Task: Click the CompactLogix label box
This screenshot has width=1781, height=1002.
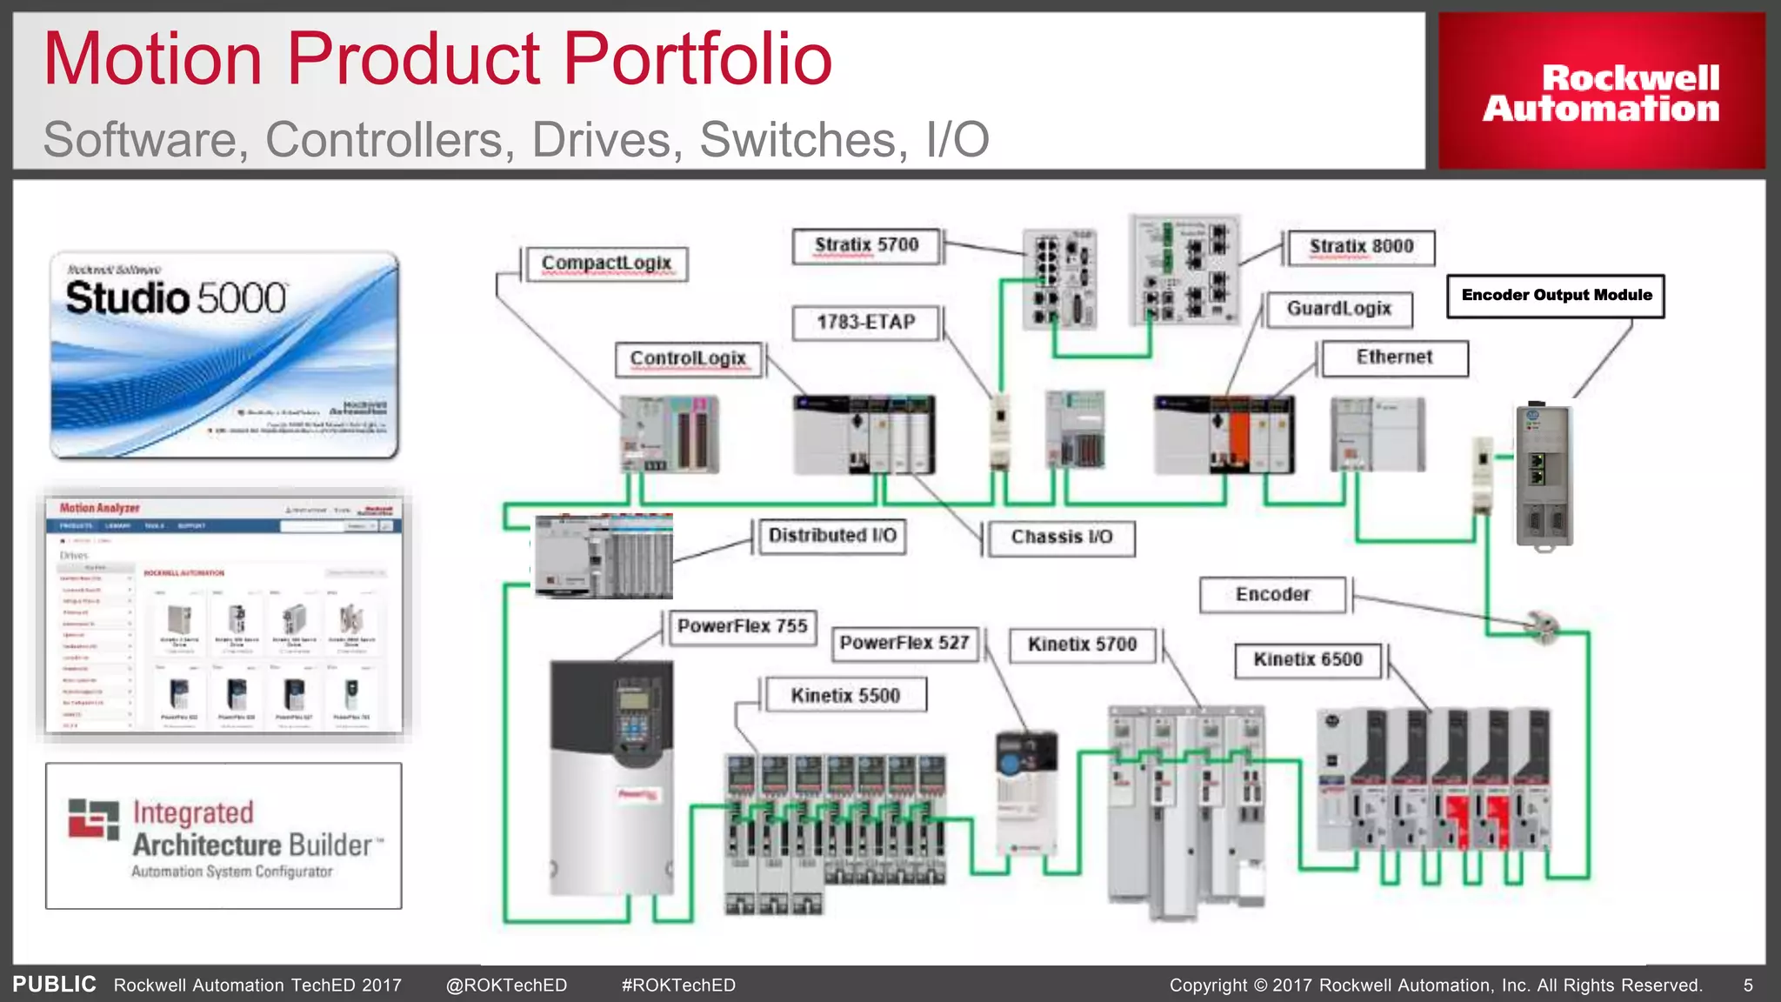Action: [x=606, y=264]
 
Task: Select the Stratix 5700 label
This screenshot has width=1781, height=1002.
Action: [x=866, y=246]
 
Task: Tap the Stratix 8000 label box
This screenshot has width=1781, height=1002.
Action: [x=1361, y=248]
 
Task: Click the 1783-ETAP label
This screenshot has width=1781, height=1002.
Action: [x=866, y=323]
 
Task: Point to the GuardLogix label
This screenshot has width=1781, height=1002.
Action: [x=1339, y=310]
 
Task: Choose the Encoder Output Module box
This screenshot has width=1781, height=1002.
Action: [x=1556, y=296]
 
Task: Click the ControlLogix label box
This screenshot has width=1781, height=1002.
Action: [x=688, y=359]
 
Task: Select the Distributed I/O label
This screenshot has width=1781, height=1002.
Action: [x=832, y=536]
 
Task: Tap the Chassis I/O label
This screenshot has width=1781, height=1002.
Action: [x=1061, y=538]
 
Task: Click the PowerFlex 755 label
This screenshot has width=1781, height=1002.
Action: [x=742, y=626]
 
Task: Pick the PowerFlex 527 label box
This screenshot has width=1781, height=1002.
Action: [x=904, y=644]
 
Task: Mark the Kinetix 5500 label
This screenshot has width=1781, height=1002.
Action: [x=844, y=696]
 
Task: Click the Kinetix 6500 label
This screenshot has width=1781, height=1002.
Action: [x=1307, y=660]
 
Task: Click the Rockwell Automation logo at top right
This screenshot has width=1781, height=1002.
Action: [x=1601, y=91]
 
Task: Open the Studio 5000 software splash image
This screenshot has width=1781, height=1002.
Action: [x=224, y=355]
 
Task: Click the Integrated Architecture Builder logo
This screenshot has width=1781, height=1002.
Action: [x=223, y=836]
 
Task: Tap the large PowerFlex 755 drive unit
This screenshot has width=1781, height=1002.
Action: [x=611, y=778]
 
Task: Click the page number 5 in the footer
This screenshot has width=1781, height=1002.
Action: [x=1748, y=985]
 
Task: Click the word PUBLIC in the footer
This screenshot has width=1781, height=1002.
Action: [x=54, y=985]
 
